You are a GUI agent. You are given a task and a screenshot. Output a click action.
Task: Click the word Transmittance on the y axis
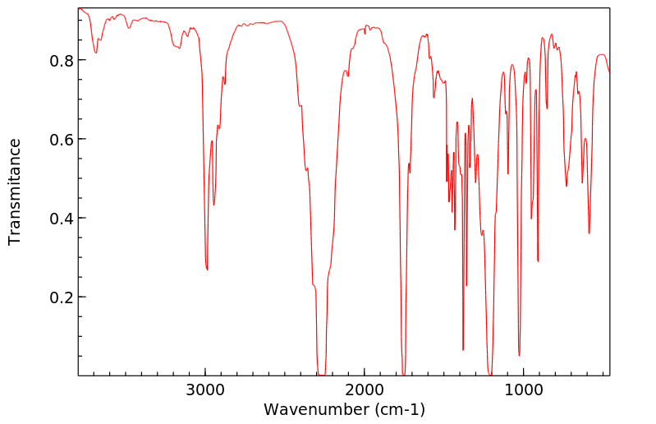[x=15, y=191]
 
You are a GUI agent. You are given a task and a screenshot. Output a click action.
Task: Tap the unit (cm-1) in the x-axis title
[x=399, y=409]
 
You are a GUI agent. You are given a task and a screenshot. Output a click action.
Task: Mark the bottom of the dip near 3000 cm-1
[x=207, y=269]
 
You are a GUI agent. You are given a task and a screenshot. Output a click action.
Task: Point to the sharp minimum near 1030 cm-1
[x=519, y=355]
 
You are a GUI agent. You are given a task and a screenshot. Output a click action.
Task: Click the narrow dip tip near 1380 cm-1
[x=463, y=350]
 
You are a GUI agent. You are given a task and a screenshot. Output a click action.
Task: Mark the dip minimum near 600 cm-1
[x=589, y=233]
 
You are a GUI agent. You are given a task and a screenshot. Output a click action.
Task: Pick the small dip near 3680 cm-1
[x=96, y=53]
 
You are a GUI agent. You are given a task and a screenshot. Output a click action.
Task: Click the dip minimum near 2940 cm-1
[x=213, y=205]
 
